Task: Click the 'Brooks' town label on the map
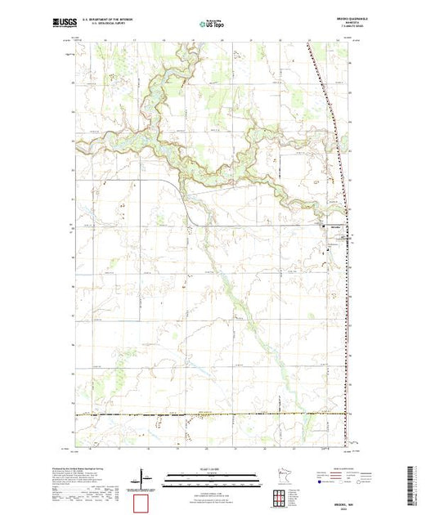click(x=335, y=227)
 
